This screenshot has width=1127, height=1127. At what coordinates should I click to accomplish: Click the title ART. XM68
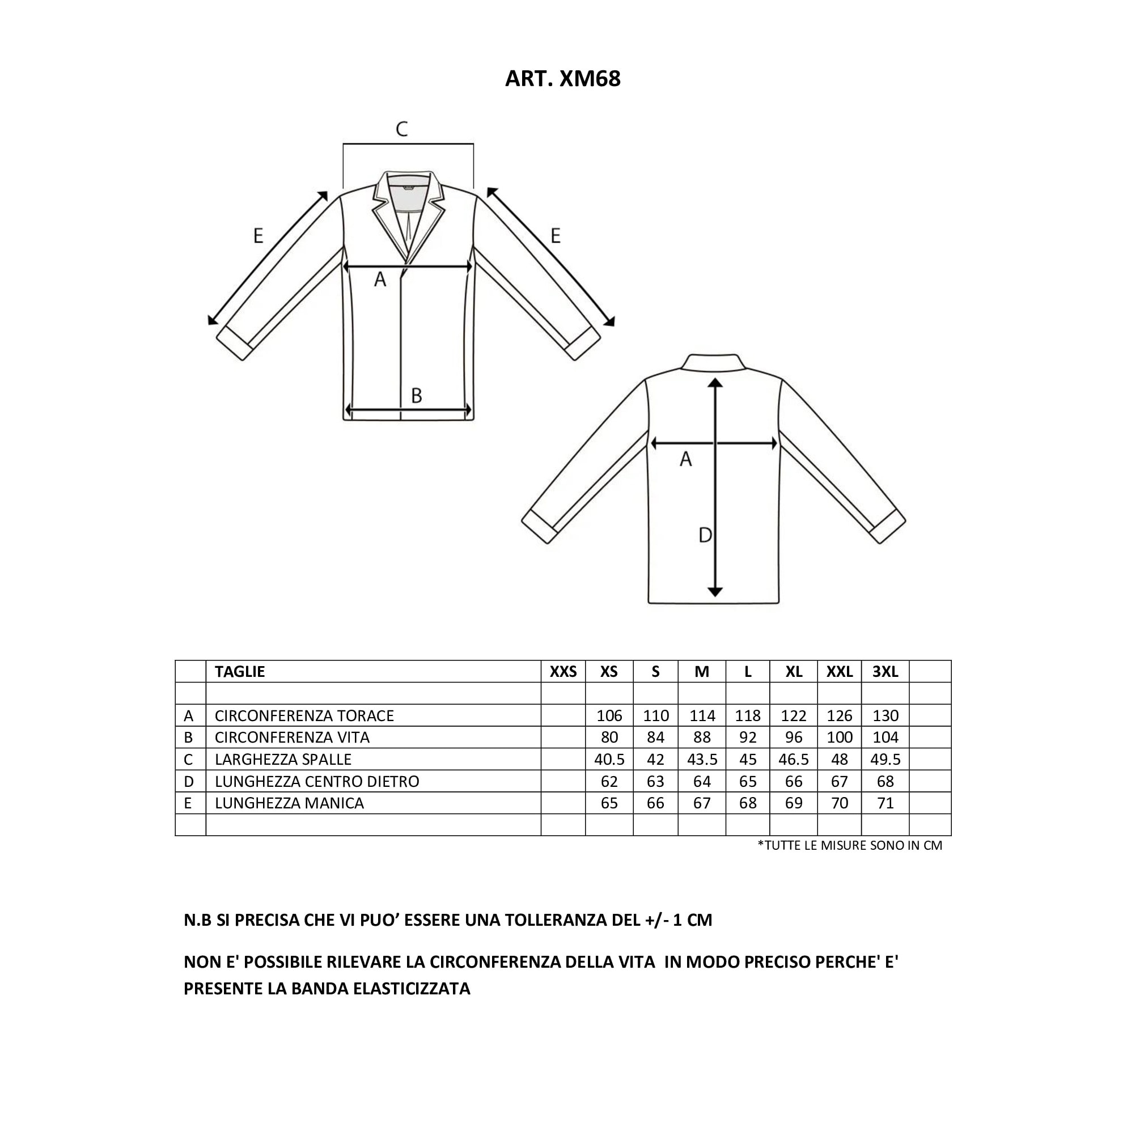[562, 79]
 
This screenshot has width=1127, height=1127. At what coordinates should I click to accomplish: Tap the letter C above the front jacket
[401, 129]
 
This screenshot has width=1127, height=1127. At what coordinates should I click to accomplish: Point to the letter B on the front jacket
[416, 396]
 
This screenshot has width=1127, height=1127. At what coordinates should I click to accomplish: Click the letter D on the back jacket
[705, 535]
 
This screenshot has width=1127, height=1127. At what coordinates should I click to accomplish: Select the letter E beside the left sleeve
[258, 236]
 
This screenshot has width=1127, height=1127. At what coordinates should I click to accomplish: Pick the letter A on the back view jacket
[685, 460]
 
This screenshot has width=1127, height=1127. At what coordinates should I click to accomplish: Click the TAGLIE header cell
[240, 671]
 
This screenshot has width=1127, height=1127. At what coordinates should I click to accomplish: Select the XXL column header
[839, 671]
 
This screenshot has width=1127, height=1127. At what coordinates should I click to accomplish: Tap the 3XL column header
[885, 671]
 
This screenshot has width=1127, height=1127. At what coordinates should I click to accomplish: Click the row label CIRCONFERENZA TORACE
[304, 716]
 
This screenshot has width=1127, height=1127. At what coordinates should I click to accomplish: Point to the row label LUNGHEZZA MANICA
[289, 803]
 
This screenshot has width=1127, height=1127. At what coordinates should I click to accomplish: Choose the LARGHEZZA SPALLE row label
[283, 760]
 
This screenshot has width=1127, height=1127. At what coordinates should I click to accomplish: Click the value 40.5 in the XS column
[609, 760]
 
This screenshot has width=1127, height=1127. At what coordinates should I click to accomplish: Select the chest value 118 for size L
[747, 716]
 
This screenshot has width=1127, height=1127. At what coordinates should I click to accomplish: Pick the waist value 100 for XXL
[839, 738]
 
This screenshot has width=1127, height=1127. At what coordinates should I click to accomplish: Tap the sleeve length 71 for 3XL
[885, 803]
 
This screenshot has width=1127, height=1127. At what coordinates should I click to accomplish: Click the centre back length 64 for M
[702, 781]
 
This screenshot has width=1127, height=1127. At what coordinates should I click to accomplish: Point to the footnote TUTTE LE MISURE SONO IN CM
[849, 845]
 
